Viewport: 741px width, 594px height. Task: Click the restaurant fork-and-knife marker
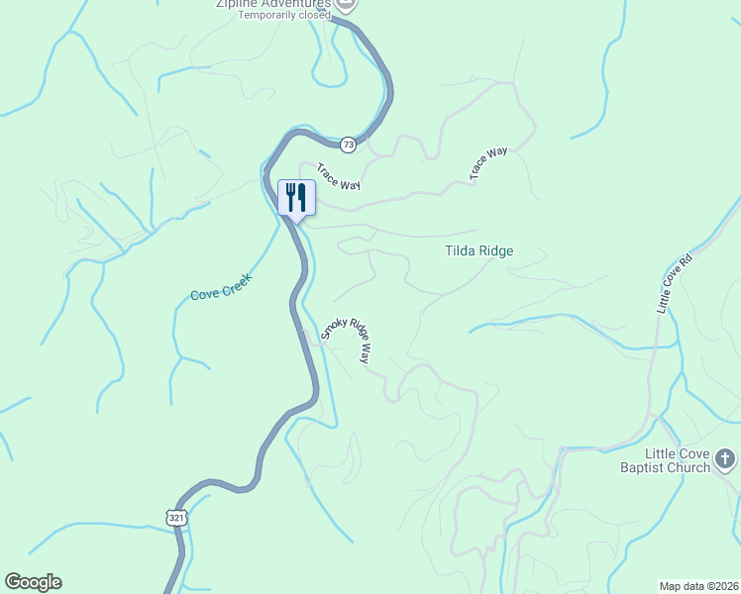coord(296,198)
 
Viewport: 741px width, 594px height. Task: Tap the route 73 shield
coord(348,145)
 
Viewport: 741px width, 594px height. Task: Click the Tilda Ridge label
coord(478,251)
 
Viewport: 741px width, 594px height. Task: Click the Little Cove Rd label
coord(675,282)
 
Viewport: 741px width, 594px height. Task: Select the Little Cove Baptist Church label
coord(664,460)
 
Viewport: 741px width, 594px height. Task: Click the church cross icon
coord(725,458)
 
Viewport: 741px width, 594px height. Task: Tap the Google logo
coord(33,582)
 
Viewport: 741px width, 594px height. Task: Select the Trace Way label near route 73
coord(338,177)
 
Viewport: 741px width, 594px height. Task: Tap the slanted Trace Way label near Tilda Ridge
coord(488,163)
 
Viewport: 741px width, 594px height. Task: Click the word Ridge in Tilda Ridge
coord(496,251)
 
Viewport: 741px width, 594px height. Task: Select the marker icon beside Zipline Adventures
coord(347,4)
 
